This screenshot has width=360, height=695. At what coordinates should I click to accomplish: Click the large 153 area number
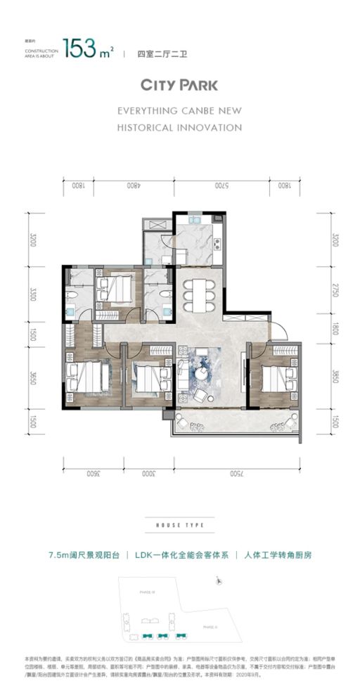pyautogui.click(x=79, y=48)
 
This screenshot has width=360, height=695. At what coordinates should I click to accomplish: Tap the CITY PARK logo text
pyautogui.click(x=179, y=85)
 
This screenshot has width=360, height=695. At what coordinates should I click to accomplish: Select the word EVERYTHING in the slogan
pyautogui.click(x=152, y=111)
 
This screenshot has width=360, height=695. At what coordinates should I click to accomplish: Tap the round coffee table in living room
pyautogui.click(x=202, y=375)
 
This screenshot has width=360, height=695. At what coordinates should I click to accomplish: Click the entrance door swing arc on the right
pyautogui.click(x=280, y=328)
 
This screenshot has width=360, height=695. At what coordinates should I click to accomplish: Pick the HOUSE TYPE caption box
pyautogui.click(x=180, y=525)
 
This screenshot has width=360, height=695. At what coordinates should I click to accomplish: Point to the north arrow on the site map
pyautogui.click(x=220, y=581)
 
